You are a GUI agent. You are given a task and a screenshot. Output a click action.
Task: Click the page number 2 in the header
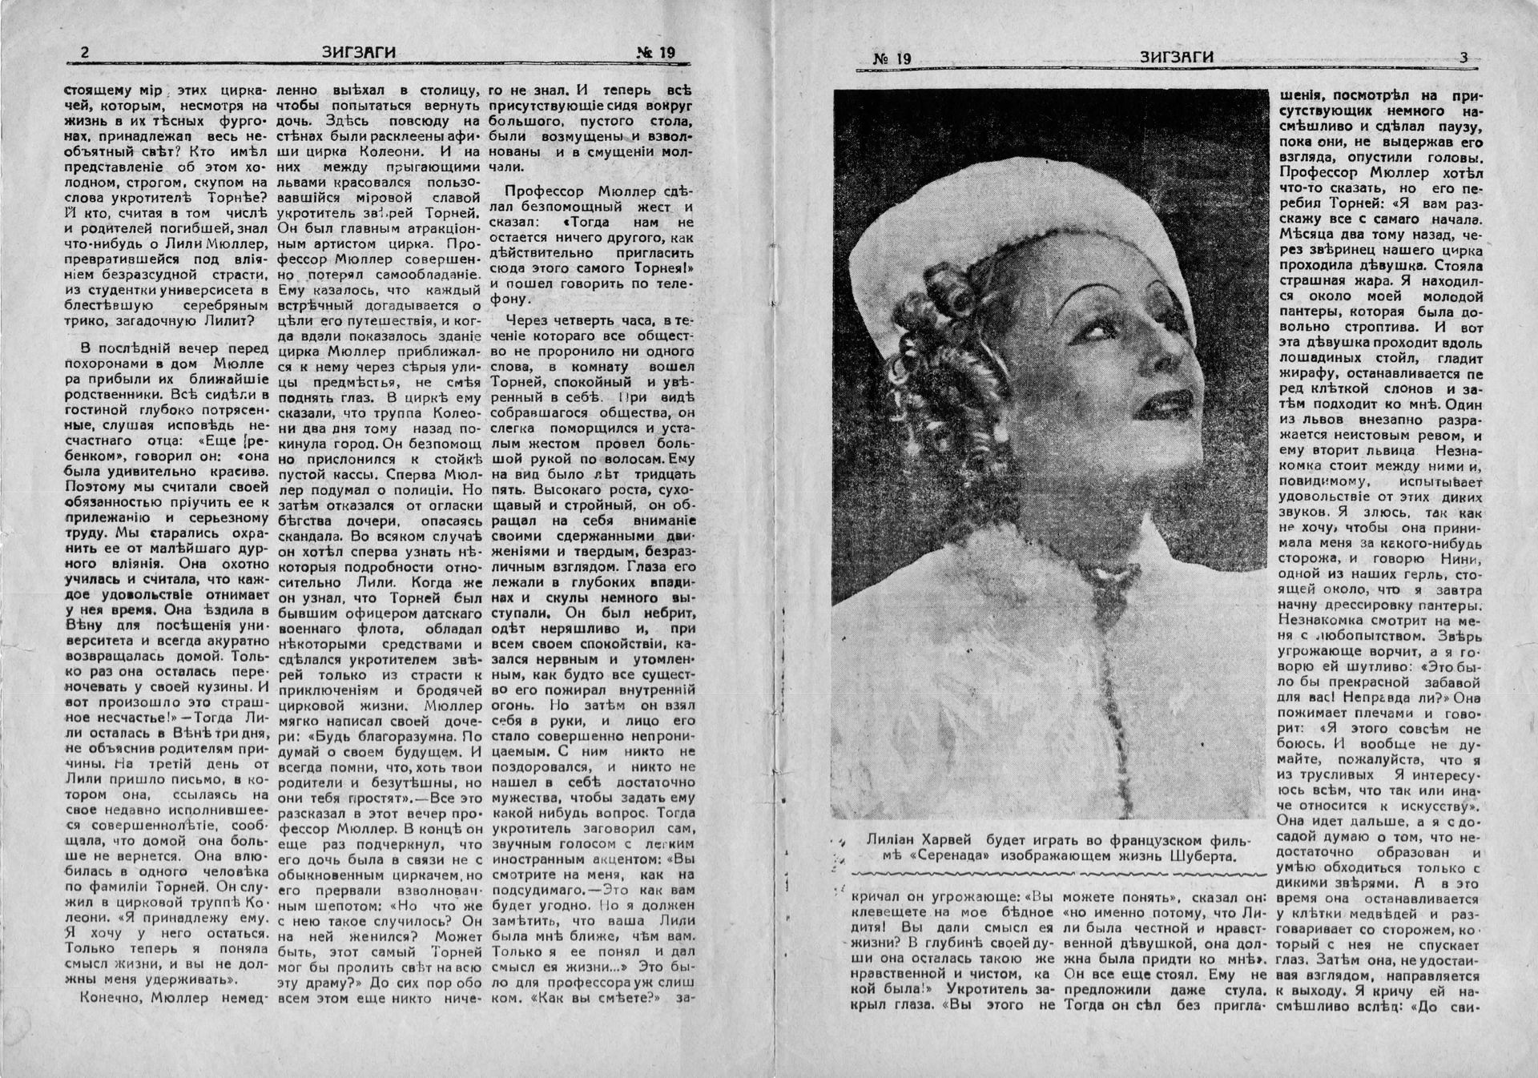[85, 53]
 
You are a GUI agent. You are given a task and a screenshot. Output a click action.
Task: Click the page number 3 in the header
[1464, 58]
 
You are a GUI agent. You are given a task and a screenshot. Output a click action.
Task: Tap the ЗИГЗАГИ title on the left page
[358, 53]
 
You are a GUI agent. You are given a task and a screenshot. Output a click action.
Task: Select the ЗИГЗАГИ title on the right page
[1177, 58]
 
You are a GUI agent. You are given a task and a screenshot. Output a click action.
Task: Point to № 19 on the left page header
[656, 54]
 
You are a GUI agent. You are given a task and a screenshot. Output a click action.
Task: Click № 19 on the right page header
[892, 58]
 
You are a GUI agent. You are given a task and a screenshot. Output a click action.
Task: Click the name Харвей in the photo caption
[945, 839]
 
